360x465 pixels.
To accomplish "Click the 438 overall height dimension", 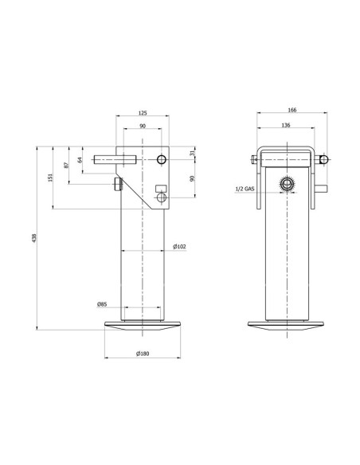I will tap(34, 239).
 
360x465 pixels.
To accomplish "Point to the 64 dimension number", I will tap(80, 160).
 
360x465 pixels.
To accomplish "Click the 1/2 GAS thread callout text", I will tap(245, 190).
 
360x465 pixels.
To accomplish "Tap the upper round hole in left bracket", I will tap(162, 160).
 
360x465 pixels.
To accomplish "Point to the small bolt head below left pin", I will tap(118, 186).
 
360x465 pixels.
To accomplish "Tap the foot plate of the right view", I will tap(288, 326).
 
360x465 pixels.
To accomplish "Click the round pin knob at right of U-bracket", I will tap(323, 159).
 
